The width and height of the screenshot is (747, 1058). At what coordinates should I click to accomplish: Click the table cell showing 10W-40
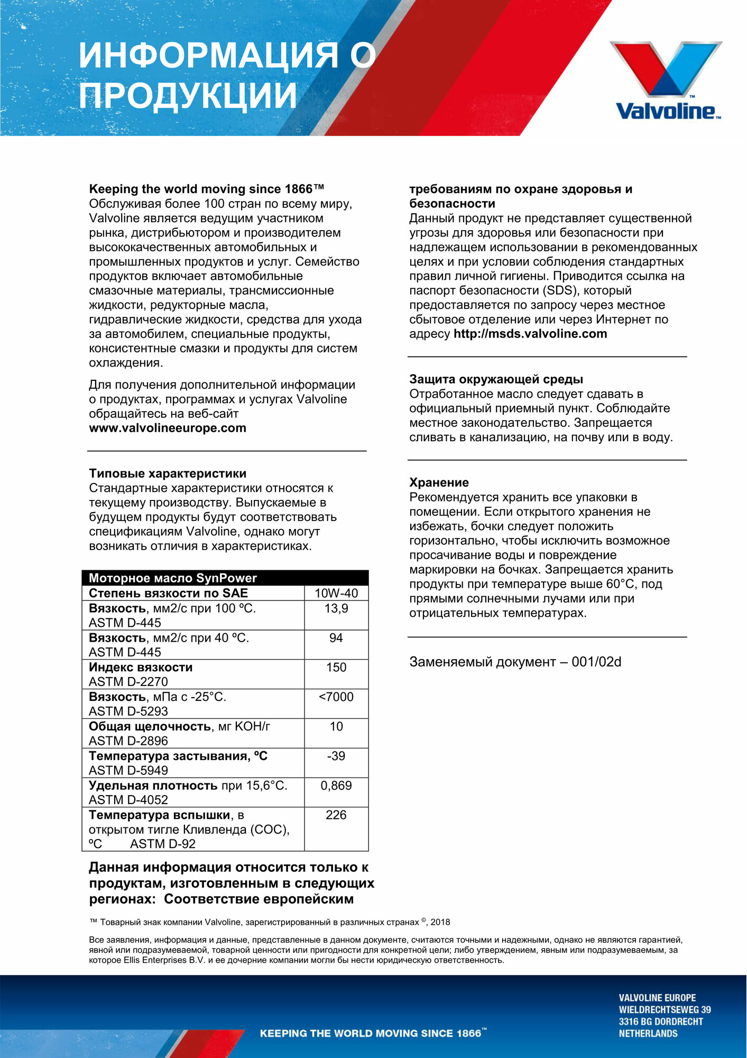[336, 593]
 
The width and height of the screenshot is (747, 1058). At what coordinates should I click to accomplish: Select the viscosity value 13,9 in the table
[336, 608]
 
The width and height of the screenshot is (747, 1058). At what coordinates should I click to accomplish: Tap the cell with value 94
[336, 638]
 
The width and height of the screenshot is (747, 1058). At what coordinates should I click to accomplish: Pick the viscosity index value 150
[336, 668]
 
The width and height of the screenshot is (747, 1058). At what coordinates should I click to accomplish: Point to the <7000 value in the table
[336, 697]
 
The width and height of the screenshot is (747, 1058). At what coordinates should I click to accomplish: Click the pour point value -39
[336, 756]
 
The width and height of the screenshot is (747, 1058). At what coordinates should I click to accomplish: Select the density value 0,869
[336, 786]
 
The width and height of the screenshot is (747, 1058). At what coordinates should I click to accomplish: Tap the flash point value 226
[336, 815]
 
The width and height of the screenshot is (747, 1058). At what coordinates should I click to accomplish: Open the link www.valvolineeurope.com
[168, 428]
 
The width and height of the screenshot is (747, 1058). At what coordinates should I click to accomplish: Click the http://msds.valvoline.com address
[530, 334]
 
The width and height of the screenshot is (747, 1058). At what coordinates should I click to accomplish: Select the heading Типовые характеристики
[168, 473]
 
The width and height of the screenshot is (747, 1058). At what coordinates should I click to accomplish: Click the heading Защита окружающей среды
[496, 379]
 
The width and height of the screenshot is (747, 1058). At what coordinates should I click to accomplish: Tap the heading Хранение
[439, 482]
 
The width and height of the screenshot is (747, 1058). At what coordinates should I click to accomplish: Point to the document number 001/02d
[596, 662]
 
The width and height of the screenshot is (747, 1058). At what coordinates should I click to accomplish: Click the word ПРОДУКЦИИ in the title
[188, 96]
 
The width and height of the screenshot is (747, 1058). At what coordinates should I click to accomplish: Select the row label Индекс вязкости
[141, 668]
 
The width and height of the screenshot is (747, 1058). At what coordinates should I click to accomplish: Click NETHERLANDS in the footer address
[648, 1033]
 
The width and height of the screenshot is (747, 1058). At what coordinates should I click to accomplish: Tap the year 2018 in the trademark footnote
[440, 922]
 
